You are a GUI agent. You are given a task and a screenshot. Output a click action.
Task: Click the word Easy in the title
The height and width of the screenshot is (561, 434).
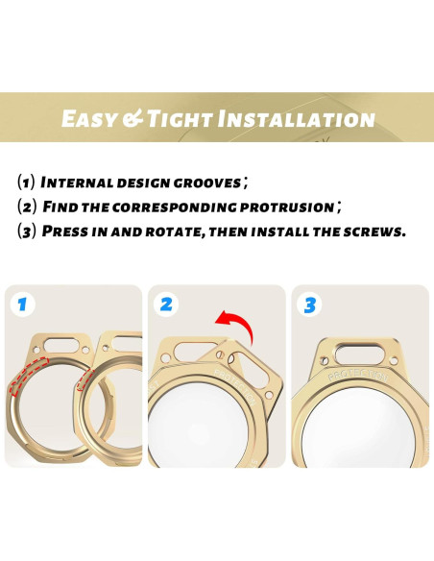point(89,118)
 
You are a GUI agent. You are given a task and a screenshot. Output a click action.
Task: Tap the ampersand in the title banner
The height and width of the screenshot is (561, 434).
point(133,118)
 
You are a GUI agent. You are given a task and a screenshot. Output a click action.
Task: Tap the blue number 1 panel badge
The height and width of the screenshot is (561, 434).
point(21,305)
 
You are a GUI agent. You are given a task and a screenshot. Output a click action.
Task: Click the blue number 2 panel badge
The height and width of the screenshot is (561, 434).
point(166,305)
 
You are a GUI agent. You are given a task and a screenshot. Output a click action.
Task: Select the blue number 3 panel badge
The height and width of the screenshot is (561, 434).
point(309,305)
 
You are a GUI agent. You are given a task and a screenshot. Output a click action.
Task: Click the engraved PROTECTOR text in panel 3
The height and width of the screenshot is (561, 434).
point(358,373)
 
